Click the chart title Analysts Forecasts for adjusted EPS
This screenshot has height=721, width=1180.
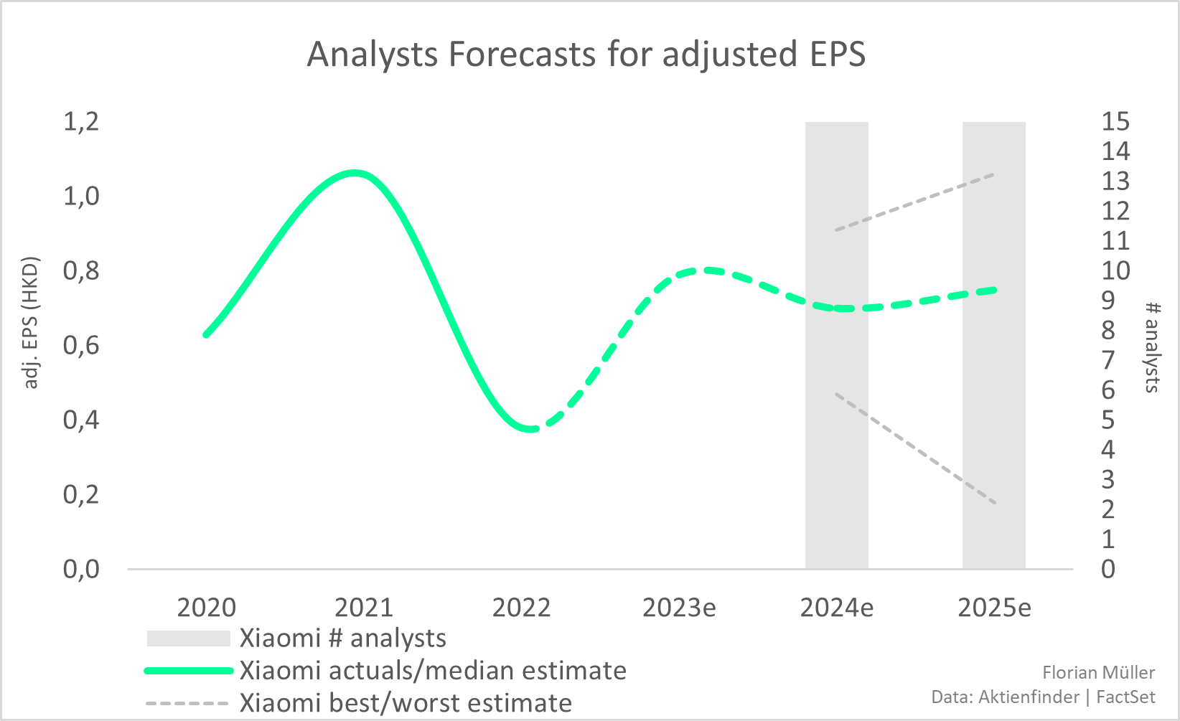[x=586, y=55]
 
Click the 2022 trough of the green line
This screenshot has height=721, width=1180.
[x=530, y=429]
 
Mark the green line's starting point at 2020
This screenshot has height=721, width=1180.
[x=206, y=334]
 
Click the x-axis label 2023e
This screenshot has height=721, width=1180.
[x=679, y=608]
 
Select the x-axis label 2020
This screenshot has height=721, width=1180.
[x=206, y=608]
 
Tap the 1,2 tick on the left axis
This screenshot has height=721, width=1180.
[x=81, y=122]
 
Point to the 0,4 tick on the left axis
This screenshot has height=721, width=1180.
[x=81, y=420]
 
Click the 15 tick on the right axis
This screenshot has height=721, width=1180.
[x=1115, y=122]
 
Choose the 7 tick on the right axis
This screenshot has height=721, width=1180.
[x=1108, y=360]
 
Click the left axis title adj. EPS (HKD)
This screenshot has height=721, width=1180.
[x=31, y=323]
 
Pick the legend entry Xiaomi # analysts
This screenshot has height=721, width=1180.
[x=342, y=638]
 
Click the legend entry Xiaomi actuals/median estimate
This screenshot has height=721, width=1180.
[x=432, y=671]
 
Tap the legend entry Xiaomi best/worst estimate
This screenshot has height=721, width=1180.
[x=406, y=703]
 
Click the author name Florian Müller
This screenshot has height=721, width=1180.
[x=1098, y=672]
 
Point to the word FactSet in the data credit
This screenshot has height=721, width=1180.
[x=1125, y=697]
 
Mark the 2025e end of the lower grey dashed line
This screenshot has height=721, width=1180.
[x=995, y=503]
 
